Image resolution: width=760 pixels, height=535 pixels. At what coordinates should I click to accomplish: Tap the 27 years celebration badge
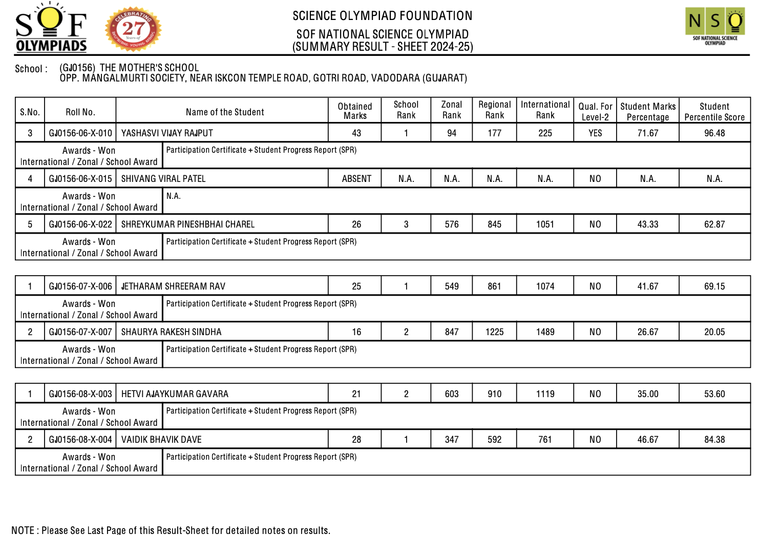[x=133, y=29]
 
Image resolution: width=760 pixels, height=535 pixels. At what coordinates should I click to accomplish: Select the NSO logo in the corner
[x=715, y=27]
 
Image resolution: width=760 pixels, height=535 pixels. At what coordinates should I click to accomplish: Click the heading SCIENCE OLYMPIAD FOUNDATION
[x=382, y=16]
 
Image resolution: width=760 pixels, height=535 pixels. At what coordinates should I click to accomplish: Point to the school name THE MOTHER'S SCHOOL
[x=149, y=68]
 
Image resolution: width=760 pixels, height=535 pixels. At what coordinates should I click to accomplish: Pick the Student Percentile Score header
[x=714, y=112]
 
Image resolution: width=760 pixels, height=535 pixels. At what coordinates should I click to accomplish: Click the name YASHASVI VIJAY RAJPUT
[x=167, y=133]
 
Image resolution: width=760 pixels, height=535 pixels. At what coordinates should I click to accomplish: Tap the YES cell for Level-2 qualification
[x=595, y=133]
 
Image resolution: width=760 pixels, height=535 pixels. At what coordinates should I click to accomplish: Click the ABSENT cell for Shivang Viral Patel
[x=356, y=179]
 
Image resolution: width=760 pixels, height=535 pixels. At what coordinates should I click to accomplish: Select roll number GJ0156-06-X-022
[x=80, y=224]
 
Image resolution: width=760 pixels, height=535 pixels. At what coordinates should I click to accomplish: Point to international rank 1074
[x=545, y=286]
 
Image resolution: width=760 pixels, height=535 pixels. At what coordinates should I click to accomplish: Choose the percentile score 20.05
[x=714, y=332]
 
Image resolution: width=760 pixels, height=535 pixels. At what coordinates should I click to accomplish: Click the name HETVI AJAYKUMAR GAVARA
[x=175, y=394]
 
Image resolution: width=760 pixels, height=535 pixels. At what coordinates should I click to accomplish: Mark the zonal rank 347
[x=452, y=440]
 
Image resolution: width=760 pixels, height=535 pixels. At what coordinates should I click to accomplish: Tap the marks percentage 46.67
[x=648, y=440]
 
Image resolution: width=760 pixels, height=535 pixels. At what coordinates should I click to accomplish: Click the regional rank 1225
[x=494, y=332]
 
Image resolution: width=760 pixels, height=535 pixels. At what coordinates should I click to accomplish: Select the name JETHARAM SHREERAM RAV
[x=173, y=286]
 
